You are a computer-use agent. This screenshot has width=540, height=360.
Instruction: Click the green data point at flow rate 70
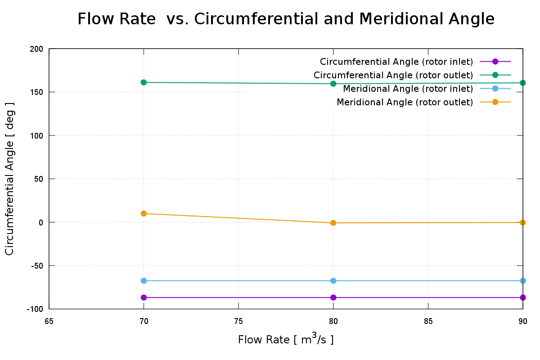pyautogui.click(x=144, y=82)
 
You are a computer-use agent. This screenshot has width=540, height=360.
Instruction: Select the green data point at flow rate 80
pyautogui.click(x=333, y=84)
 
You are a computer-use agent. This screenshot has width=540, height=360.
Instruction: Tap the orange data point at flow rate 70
pyautogui.click(x=144, y=213)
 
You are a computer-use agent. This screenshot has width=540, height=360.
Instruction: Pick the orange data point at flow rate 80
pyautogui.click(x=333, y=223)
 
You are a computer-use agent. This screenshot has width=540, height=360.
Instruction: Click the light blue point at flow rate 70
pyautogui.click(x=144, y=281)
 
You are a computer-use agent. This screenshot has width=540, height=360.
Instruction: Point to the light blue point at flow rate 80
pyautogui.click(x=333, y=281)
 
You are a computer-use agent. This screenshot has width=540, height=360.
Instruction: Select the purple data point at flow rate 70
pyautogui.click(x=144, y=297)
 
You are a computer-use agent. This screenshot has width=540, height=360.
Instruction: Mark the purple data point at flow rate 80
pyautogui.click(x=333, y=297)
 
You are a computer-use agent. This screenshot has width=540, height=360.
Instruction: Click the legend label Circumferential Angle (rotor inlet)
pyautogui.click(x=396, y=62)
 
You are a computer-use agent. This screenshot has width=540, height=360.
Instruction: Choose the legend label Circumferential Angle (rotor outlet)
pyautogui.click(x=393, y=75)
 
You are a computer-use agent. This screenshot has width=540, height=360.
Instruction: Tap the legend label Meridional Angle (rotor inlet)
pyautogui.click(x=408, y=89)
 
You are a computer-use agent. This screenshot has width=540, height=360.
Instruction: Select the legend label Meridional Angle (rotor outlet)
pyautogui.click(x=405, y=102)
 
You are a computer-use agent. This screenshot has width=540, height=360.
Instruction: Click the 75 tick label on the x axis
pyautogui.click(x=238, y=322)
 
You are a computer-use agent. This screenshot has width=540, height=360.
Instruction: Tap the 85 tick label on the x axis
pyautogui.click(x=428, y=322)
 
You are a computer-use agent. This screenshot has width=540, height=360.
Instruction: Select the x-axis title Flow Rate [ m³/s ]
pyautogui.click(x=286, y=339)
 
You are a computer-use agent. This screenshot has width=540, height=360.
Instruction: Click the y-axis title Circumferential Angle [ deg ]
pyautogui.click(x=10, y=179)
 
